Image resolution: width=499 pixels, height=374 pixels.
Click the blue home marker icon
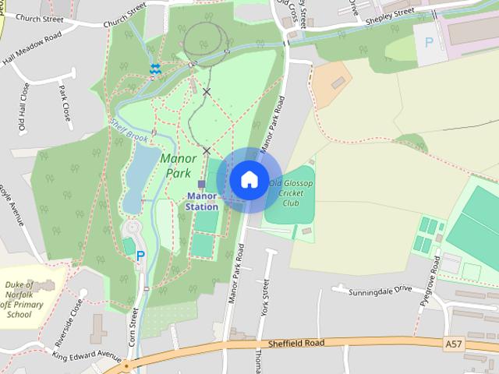pos(249,180)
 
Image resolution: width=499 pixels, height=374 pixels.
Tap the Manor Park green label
pos(179,164)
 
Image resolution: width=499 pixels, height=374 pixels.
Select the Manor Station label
pos(201,202)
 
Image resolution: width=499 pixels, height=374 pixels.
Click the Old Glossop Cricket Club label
pos(291,193)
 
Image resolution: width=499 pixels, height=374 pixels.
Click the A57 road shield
pos(454,343)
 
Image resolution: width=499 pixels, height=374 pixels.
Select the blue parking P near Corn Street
pos(140,255)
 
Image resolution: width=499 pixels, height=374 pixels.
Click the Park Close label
pos(65,105)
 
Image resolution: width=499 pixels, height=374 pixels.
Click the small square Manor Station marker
pos(201,185)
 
